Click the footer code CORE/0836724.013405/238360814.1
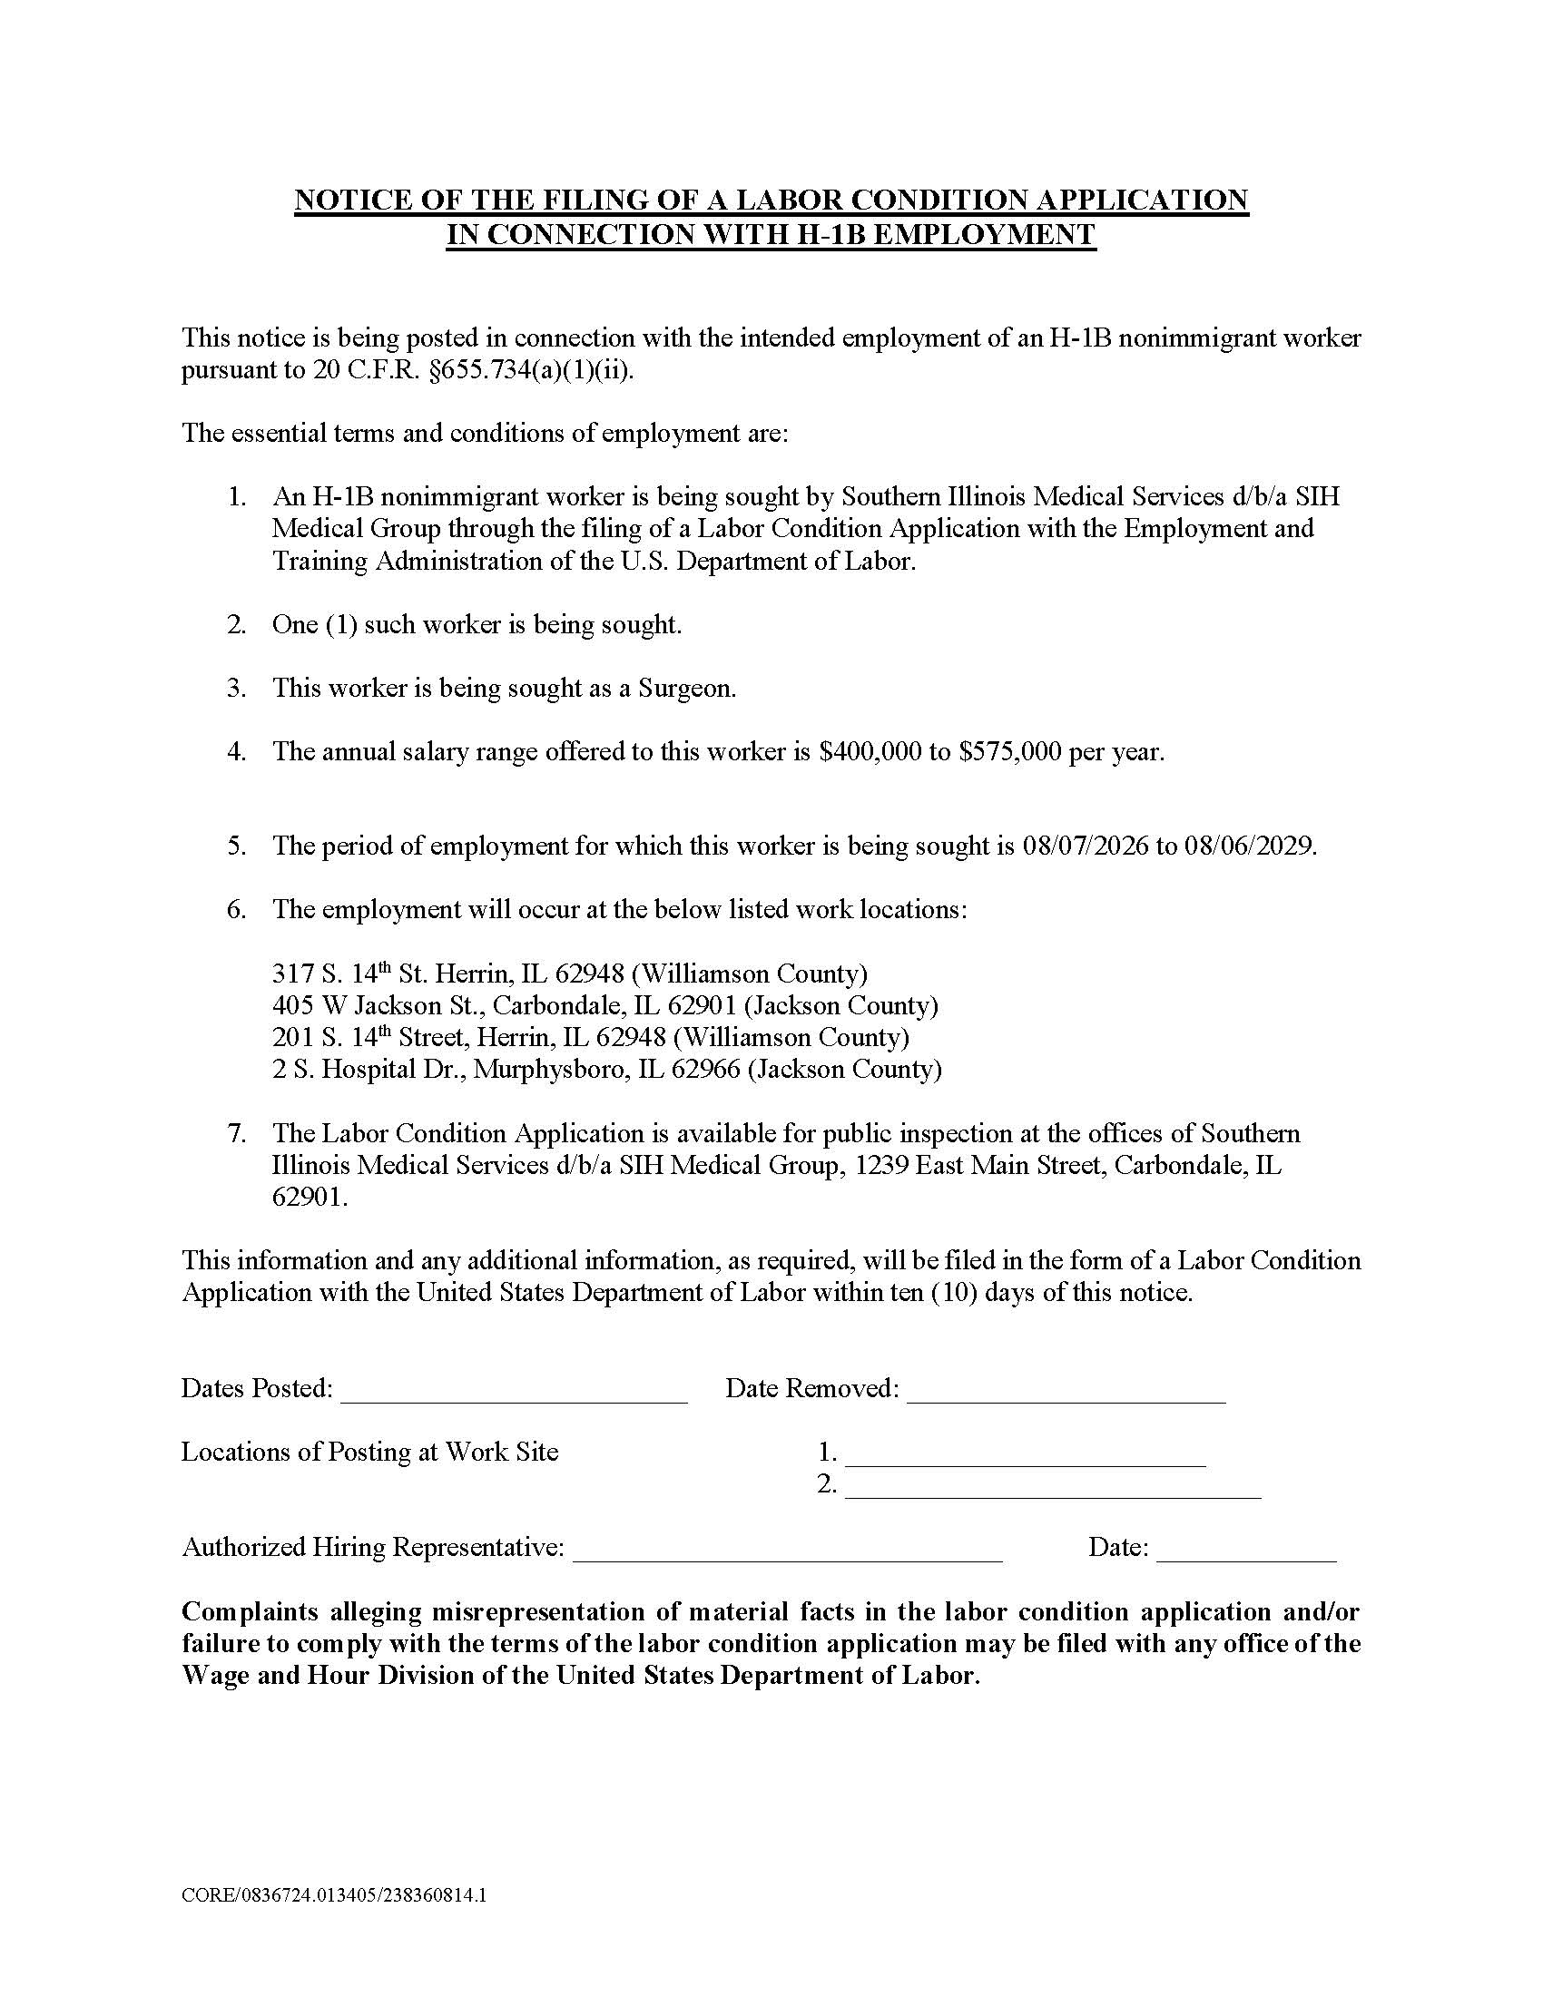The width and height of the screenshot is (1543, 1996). [334, 1895]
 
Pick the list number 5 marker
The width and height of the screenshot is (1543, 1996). [237, 846]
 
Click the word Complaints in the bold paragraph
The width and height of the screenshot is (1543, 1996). [250, 1611]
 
